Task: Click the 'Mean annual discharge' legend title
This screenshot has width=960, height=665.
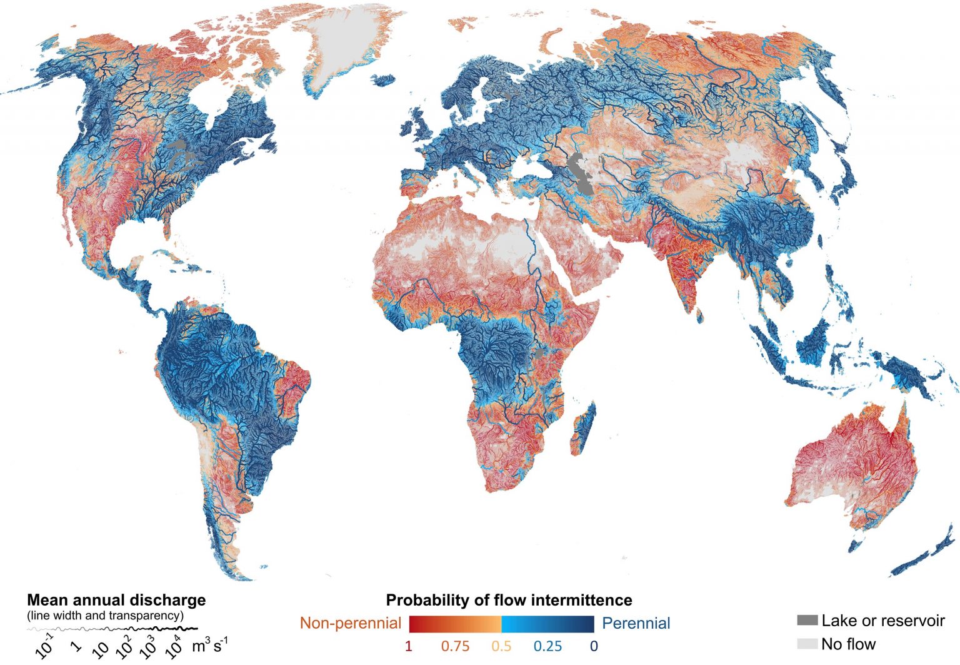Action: [116, 600]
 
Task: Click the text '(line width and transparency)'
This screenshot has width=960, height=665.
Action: [105, 616]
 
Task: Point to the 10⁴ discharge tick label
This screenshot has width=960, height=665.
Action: [173, 647]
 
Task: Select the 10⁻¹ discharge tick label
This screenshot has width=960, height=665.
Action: [45, 647]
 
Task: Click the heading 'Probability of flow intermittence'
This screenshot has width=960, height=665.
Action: [509, 600]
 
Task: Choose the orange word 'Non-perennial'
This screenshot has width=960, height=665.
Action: [351, 623]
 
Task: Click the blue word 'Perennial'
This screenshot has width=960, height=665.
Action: [636, 623]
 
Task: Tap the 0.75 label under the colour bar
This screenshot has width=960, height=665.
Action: [455, 646]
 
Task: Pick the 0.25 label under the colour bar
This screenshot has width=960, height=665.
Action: [547, 646]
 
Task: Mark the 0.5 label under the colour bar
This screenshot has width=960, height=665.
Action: [501, 646]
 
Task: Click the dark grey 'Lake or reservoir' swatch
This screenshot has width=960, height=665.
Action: [807, 621]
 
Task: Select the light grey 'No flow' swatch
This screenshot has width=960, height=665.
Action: [807, 644]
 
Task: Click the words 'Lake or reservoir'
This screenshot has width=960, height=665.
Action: [882, 621]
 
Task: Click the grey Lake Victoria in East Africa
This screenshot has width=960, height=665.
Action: [539, 355]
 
